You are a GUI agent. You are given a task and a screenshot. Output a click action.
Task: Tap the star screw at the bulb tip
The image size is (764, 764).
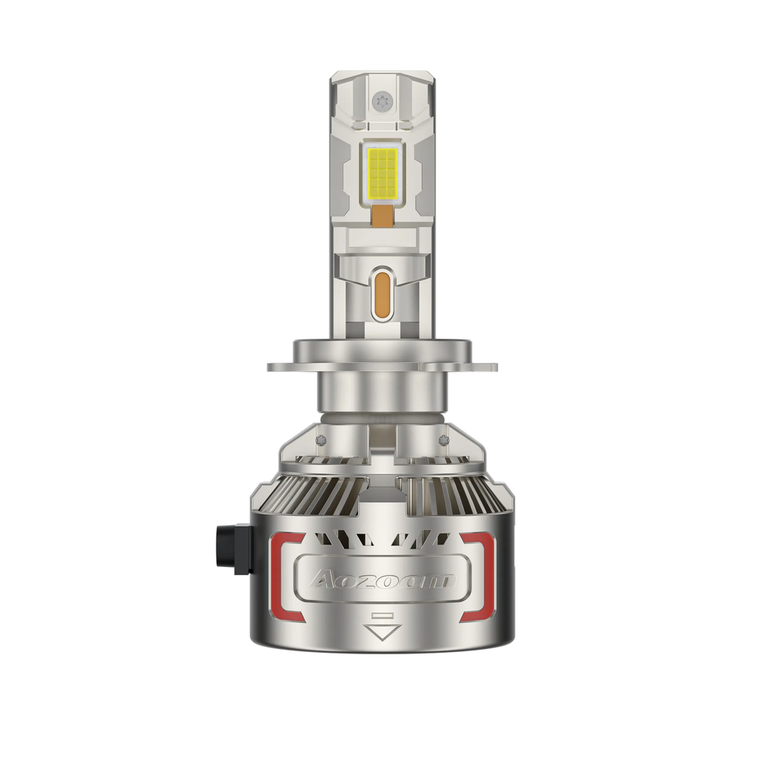(381, 102)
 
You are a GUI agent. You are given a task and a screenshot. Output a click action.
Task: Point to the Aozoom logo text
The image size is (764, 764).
(383, 580)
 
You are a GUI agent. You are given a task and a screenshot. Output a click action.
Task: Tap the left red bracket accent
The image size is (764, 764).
(287, 577)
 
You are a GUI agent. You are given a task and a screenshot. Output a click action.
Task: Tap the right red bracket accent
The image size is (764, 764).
(478, 577)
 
